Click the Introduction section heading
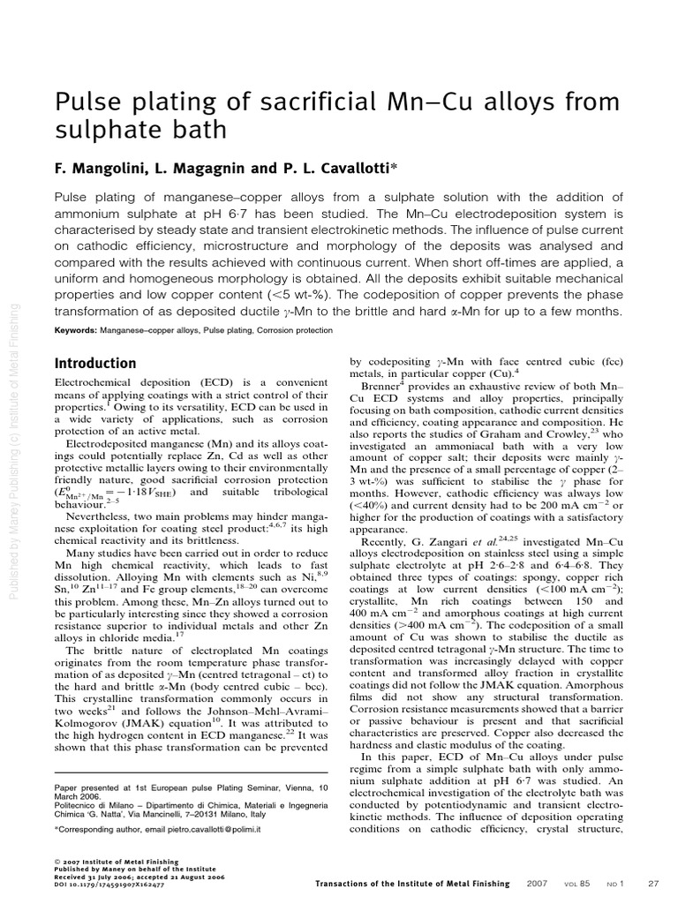tap(95, 364)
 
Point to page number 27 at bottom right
tap(654, 883)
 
